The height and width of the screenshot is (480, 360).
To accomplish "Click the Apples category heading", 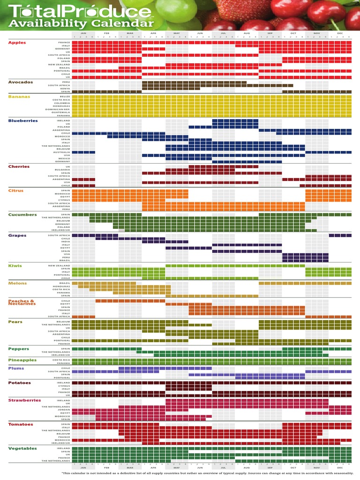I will point(17,42).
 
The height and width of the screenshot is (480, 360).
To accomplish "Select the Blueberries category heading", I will point(22,120).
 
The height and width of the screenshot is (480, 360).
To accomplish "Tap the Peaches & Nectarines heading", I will point(22,302).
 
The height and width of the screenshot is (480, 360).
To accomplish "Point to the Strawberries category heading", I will point(24,400).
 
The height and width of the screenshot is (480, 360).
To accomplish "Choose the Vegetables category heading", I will point(22,449).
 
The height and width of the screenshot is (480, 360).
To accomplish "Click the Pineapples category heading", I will point(22,360).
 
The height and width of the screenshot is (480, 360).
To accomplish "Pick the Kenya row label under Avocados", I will point(66,88).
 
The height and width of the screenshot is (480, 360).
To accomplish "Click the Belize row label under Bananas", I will point(65,96).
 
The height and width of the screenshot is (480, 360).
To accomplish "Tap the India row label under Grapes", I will point(66,241).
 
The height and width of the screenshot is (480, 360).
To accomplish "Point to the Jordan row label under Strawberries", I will point(65,410).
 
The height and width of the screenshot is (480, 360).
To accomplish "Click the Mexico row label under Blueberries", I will point(65,158).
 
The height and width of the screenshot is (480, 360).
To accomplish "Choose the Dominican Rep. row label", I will point(58,109).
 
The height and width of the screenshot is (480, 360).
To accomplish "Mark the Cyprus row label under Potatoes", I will point(65,386).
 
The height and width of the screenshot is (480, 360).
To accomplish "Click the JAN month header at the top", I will point(83,33).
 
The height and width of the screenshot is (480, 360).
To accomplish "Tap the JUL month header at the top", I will point(223,33).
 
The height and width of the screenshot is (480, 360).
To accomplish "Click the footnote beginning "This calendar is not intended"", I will point(207,473).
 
